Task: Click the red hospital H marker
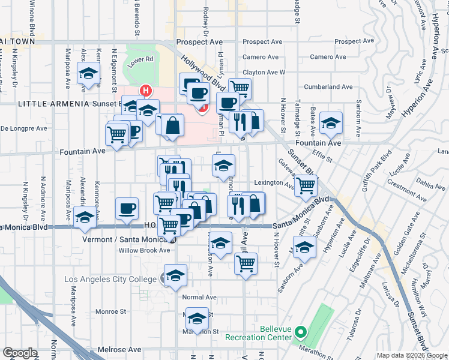(145, 91)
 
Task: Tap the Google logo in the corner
(20, 353)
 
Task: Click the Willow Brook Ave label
(144, 250)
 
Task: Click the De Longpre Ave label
(23, 128)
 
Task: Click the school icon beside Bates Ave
(331, 123)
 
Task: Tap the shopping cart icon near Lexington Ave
(306, 187)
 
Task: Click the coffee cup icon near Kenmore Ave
(127, 209)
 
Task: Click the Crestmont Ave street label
(406, 196)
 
